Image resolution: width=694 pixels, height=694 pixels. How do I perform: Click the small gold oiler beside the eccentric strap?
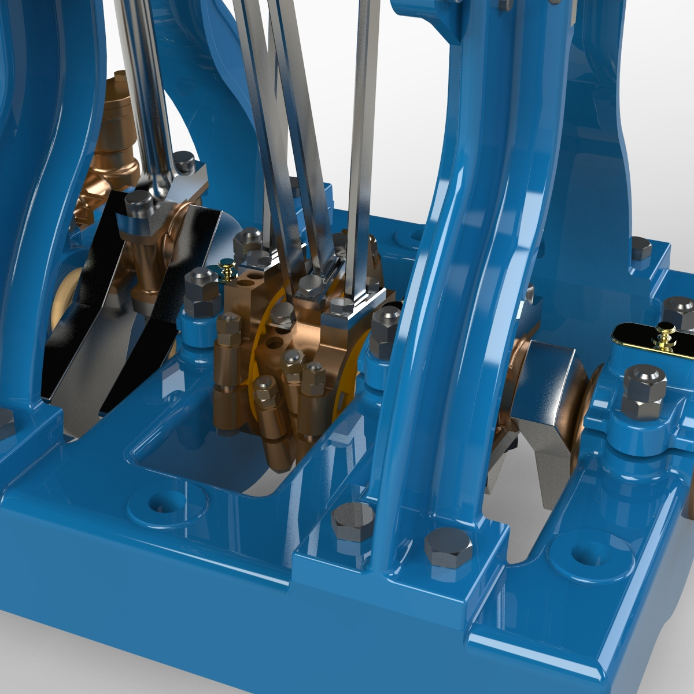227,268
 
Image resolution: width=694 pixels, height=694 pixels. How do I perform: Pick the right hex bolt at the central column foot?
448,547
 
